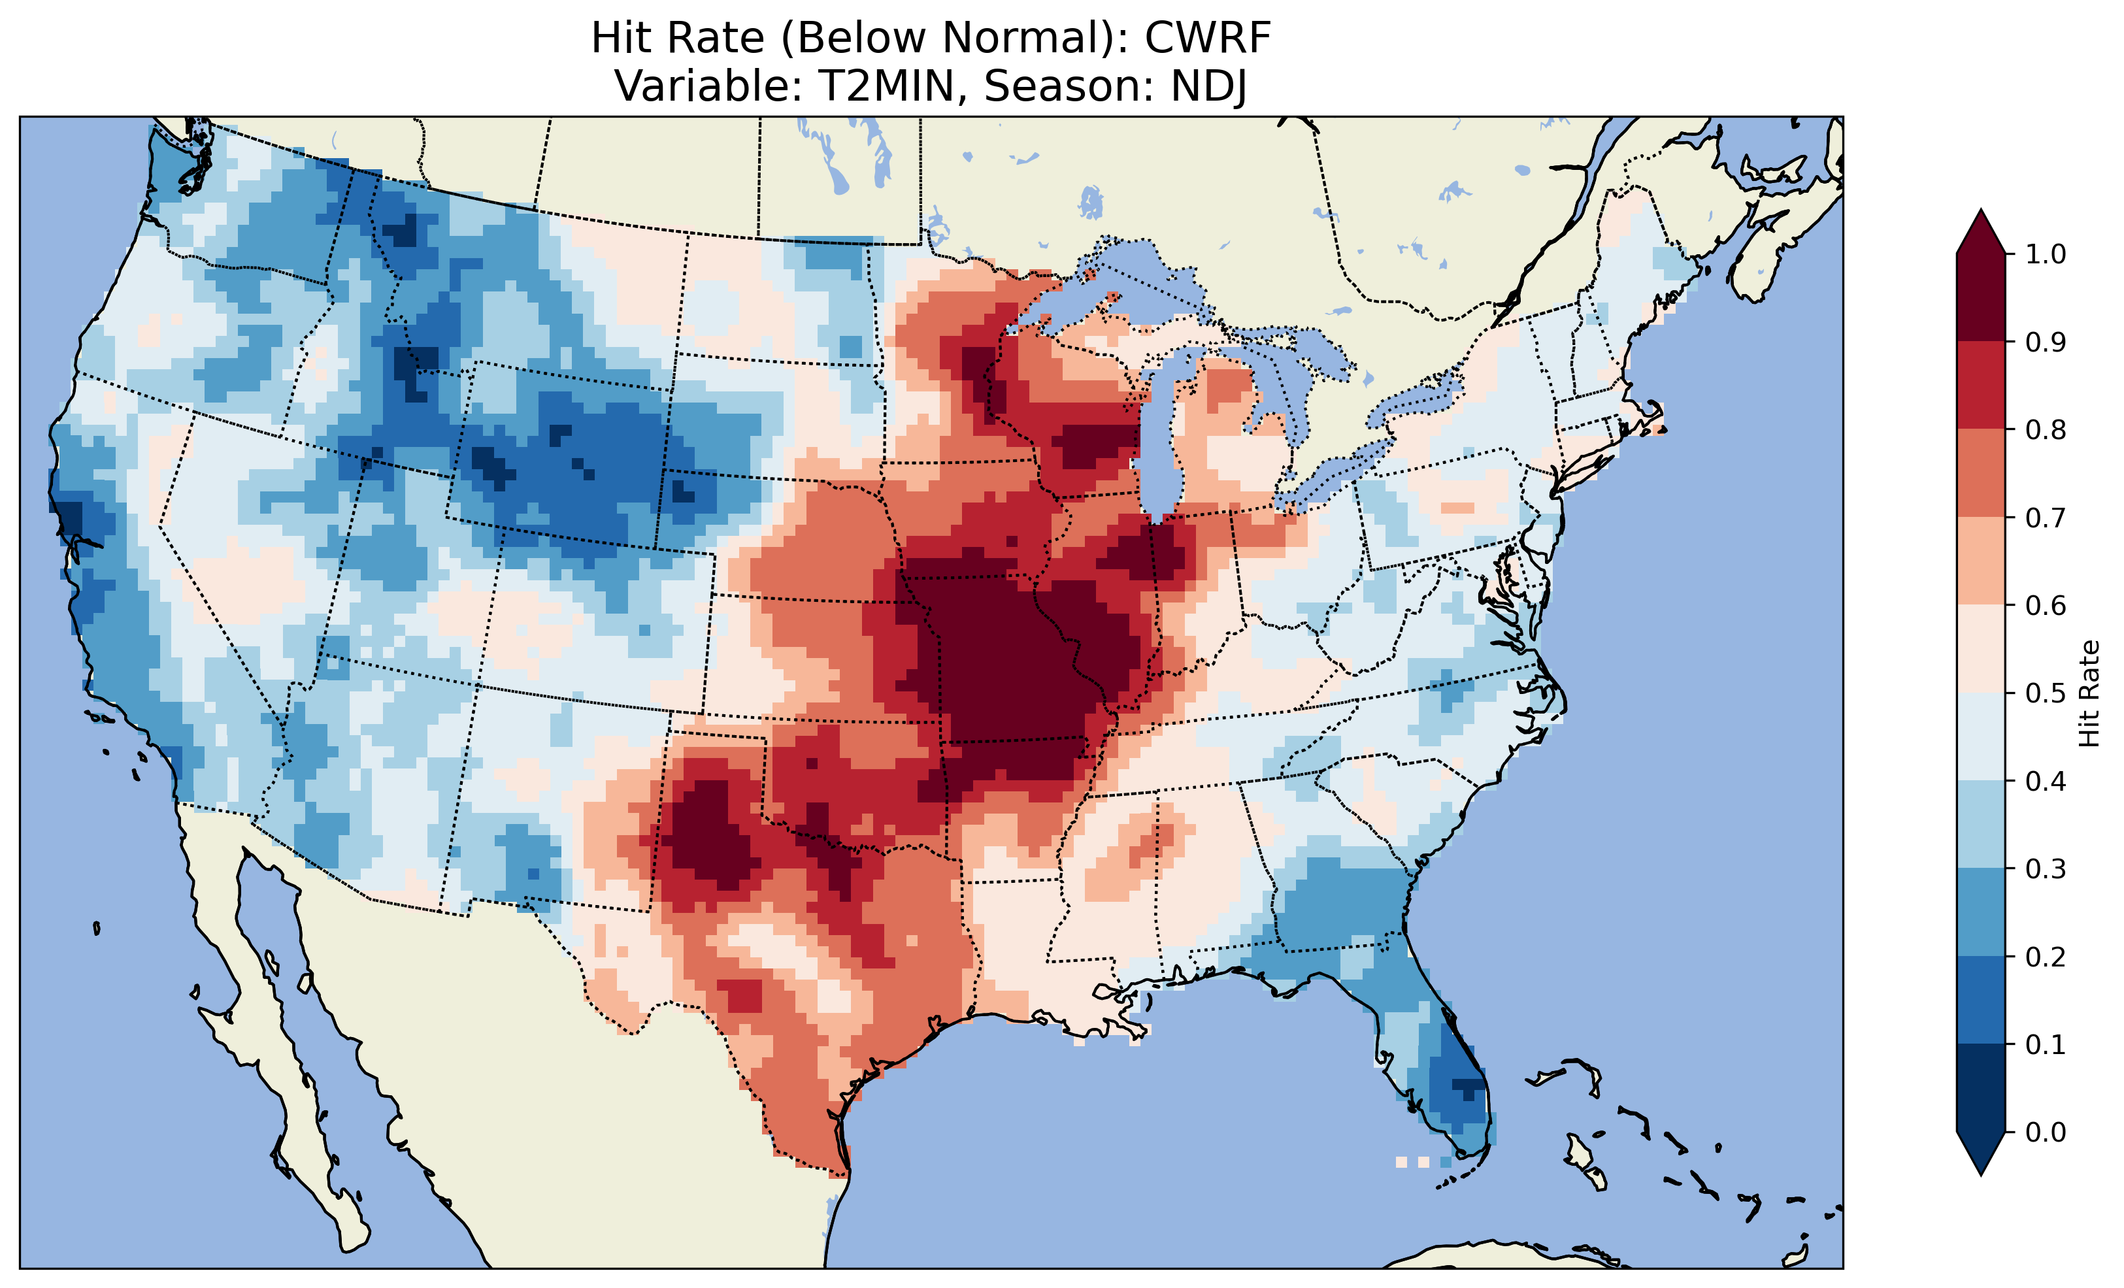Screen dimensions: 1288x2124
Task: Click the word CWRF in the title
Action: (1208, 38)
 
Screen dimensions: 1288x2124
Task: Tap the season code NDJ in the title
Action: (1208, 86)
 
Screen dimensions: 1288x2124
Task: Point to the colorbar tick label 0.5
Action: (2046, 693)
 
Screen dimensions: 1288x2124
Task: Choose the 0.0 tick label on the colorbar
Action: (2046, 1132)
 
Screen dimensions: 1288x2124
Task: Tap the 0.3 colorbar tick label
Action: (2046, 869)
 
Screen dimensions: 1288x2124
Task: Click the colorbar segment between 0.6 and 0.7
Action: (1981, 561)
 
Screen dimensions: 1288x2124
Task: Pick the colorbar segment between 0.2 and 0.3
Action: (1981, 912)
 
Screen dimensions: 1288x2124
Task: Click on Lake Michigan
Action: (1155, 431)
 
